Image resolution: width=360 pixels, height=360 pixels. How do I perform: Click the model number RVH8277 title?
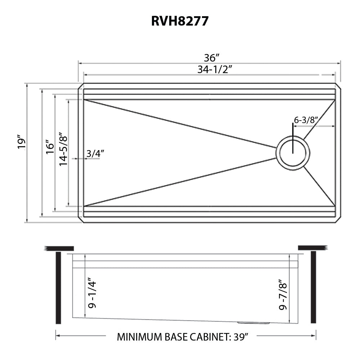(x=180, y=21)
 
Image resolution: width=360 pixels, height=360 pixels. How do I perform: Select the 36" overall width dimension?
(x=212, y=58)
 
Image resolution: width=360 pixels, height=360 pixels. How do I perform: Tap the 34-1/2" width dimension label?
(x=214, y=69)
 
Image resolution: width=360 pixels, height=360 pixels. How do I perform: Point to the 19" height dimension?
(x=22, y=143)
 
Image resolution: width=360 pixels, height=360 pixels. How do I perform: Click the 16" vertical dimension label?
(x=50, y=147)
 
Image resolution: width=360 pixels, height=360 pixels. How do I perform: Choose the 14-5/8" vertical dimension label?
(x=63, y=150)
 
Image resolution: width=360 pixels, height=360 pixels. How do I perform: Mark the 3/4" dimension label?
(x=95, y=153)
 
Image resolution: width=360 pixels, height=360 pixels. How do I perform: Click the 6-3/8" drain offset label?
(x=306, y=120)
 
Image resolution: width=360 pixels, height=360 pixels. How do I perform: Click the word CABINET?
(x=208, y=337)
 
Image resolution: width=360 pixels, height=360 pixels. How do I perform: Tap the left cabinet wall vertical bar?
(x=58, y=288)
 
